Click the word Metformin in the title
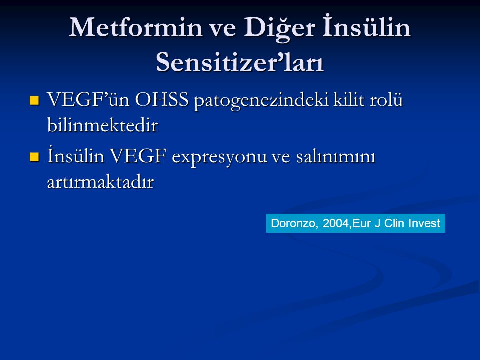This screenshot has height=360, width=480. coord(136,28)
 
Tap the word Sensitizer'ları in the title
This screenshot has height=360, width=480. coord(240,62)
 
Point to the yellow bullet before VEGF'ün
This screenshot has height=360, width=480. coord(34,100)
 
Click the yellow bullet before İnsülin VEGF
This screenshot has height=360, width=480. coord(34,156)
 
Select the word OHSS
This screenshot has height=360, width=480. coord(161,100)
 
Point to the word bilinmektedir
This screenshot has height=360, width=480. coord(103,125)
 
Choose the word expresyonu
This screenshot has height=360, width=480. coord(219,158)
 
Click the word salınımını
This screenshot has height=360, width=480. coord(335,156)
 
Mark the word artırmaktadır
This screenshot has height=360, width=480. coord(100,182)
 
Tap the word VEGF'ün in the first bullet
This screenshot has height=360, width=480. coord(88,100)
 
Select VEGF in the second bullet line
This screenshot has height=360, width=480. coord(138,156)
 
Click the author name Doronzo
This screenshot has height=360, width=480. coord(295,223)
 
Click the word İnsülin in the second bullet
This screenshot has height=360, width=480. coord(76,155)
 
